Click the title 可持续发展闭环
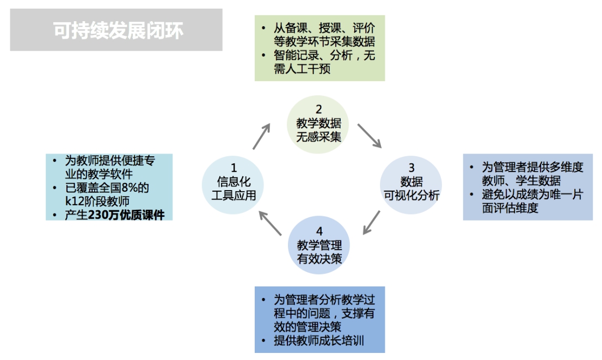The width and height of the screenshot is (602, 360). pyautogui.click(x=118, y=30)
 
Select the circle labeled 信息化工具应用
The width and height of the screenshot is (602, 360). pyautogui.click(x=233, y=185)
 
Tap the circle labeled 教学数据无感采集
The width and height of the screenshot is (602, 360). pyautogui.click(x=318, y=125)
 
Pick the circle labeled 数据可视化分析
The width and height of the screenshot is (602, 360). pyautogui.click(x=411, y=185)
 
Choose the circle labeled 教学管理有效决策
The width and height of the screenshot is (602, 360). pyautogui.click(x=318, y=245)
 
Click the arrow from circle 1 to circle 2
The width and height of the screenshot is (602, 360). pyautogui.click(x=261, y=136)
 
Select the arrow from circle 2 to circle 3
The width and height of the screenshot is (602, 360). pyautogui.click(x=370, y=136)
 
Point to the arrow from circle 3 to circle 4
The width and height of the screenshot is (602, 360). pyautogui.click(x=371, y=222)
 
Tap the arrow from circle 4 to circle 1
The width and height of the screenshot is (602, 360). pyautogui.click(x=271, y=223)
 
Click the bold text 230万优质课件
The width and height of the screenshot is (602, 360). pyautogui.click(x=126, y=215)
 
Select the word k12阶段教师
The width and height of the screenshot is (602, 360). pyautogui.click(x=97, y=202)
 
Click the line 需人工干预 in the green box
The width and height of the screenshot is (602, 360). pyautogui.click(x=302, y=69)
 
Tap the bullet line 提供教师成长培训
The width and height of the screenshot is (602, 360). pyautogui.click(x=318, y=340)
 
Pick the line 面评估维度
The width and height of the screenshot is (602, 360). pyautogui.click(x=510, y=208)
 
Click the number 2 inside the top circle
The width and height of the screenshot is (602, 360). pyautogui.click(x=318, y=109)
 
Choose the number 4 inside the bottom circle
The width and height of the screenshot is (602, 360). pyautogui.click(x=320, y=231)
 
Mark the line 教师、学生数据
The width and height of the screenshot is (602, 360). pyautogui.click(x=521, y=181)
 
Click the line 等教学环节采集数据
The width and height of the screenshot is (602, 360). pyautogui.click(x=324, y=41)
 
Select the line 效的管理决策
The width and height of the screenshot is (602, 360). pyautogui.click(x=308, y=327)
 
